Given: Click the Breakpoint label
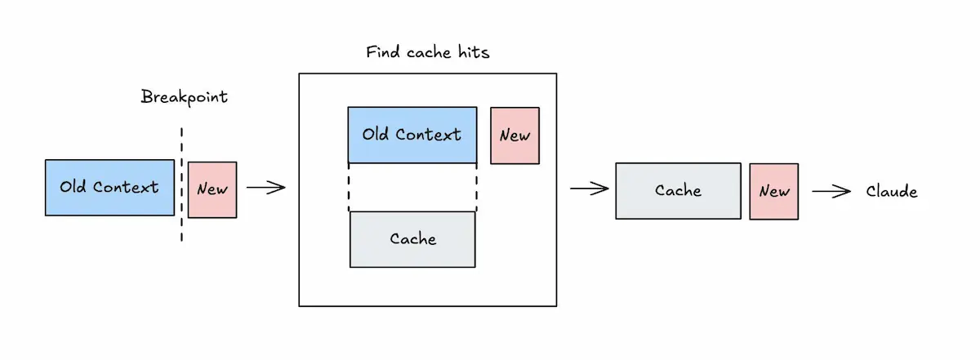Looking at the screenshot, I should click(x=184, y=97).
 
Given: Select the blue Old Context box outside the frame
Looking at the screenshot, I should click(x=109, y=187).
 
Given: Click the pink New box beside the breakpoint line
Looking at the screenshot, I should click(x=212, y=189).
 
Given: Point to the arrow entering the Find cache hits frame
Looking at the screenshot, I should click(x=265, y=189).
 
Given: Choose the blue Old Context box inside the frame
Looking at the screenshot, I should click(x=412, y=135).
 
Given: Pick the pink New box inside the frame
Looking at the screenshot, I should click(x=514, y=136).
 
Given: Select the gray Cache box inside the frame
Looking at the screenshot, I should click(x=412, y=239).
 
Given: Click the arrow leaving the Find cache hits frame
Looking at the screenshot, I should click(x=589, y=189).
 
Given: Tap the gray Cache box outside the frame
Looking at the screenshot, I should click(x=678, y=190).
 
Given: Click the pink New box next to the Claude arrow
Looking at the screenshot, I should click(x=774, y=191).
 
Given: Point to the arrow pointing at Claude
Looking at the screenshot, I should click(x=831, y=191).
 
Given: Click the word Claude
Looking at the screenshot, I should click(x=891, y=192).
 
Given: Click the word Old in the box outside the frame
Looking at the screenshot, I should click(x=73, y=187).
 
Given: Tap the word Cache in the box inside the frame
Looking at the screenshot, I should click(x=412, y=239).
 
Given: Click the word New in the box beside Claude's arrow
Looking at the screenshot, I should click(x=774, y=191).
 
